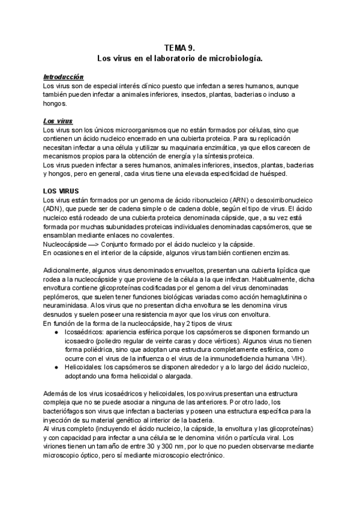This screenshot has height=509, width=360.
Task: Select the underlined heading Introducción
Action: (63, 77)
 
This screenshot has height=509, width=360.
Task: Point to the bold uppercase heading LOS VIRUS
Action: (61, 191)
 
